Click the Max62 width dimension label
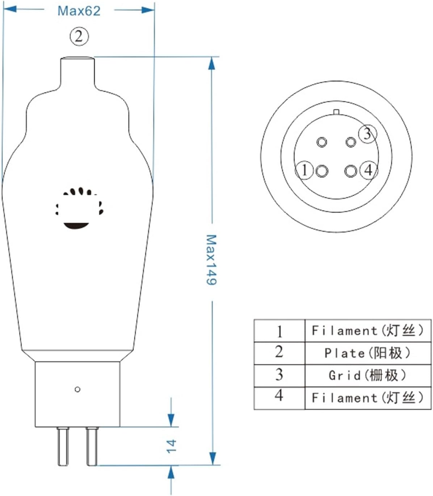tap(79, 11)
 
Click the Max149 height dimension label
tap(211, 259)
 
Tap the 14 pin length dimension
tap(171, 446)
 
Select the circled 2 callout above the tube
tap(79, 36)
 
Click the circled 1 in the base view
tap(304, 170)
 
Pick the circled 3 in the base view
tap(367, 134)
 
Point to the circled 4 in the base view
tap(369, 170)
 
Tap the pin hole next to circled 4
tap(351, 170)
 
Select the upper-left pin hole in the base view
tap(321, 142)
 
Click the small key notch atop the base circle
tap(336, 112)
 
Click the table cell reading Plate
tap(367, 353)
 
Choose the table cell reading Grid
tap(367, 375)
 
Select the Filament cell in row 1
tap(367, 330)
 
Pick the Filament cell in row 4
tap(367, 398)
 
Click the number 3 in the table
tap(279, 375)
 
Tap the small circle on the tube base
tap(77, 389)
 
